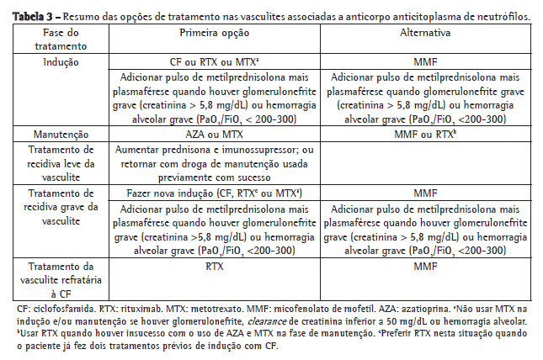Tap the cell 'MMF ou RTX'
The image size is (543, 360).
point(426,134)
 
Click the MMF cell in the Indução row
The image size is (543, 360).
point(426,62)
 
